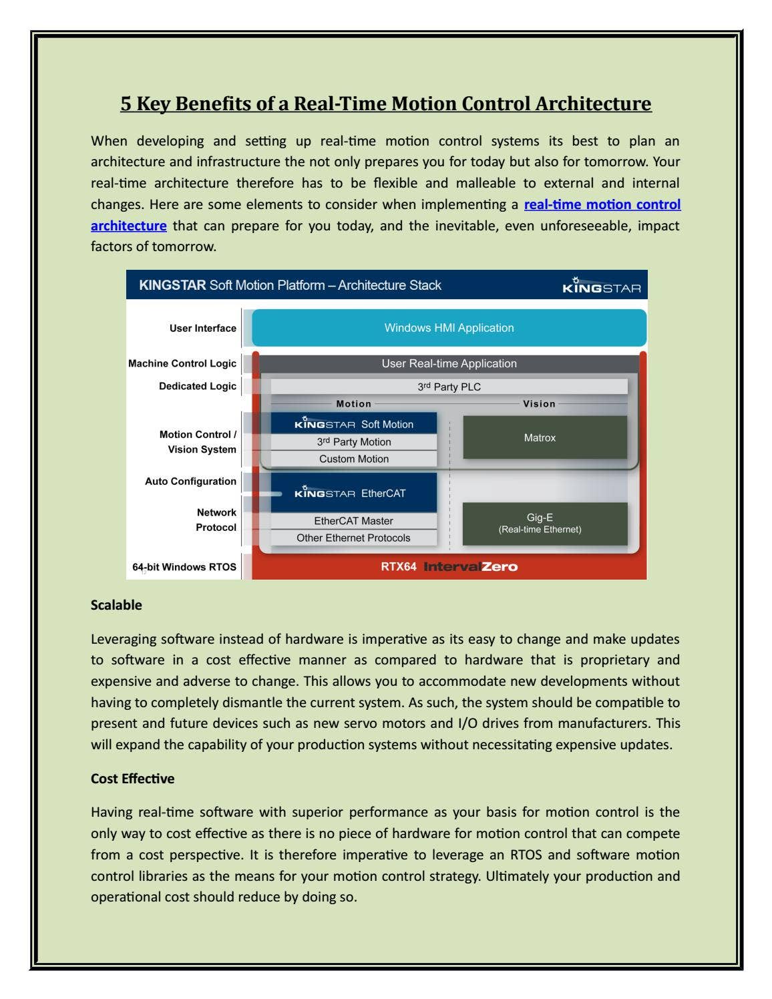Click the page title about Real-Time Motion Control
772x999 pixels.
(x=385, y=104)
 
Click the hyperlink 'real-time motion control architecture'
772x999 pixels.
(x=602, y=204)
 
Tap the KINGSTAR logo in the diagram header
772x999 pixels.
(x=601, y=286)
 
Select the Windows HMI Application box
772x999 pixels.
(x=449, y=328)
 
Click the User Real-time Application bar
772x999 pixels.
(x=449, y=363)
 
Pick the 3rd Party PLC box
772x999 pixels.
(x=449, y=387)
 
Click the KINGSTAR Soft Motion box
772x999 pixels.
(x=353, y=424)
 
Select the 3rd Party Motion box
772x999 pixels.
(x=353, y=442)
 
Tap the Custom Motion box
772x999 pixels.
(x=353, y=459)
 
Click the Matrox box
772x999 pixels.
(x=544, y=437)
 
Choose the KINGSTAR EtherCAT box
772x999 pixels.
(x=353, y=493)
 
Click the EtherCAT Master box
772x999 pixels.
(x=353, y=521)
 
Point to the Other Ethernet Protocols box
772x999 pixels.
(x=353, y=538)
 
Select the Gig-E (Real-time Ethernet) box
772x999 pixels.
(x=544, y=523)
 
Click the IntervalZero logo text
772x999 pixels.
(x=470, y=567)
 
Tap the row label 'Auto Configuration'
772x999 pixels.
(x=190, y=481)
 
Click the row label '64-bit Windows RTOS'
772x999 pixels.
(x=184, y=567)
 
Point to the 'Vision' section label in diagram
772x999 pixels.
(x=539, y=404)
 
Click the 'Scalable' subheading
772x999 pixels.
(x=116, y=605)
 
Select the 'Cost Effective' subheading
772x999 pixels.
(x=132, y=779)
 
